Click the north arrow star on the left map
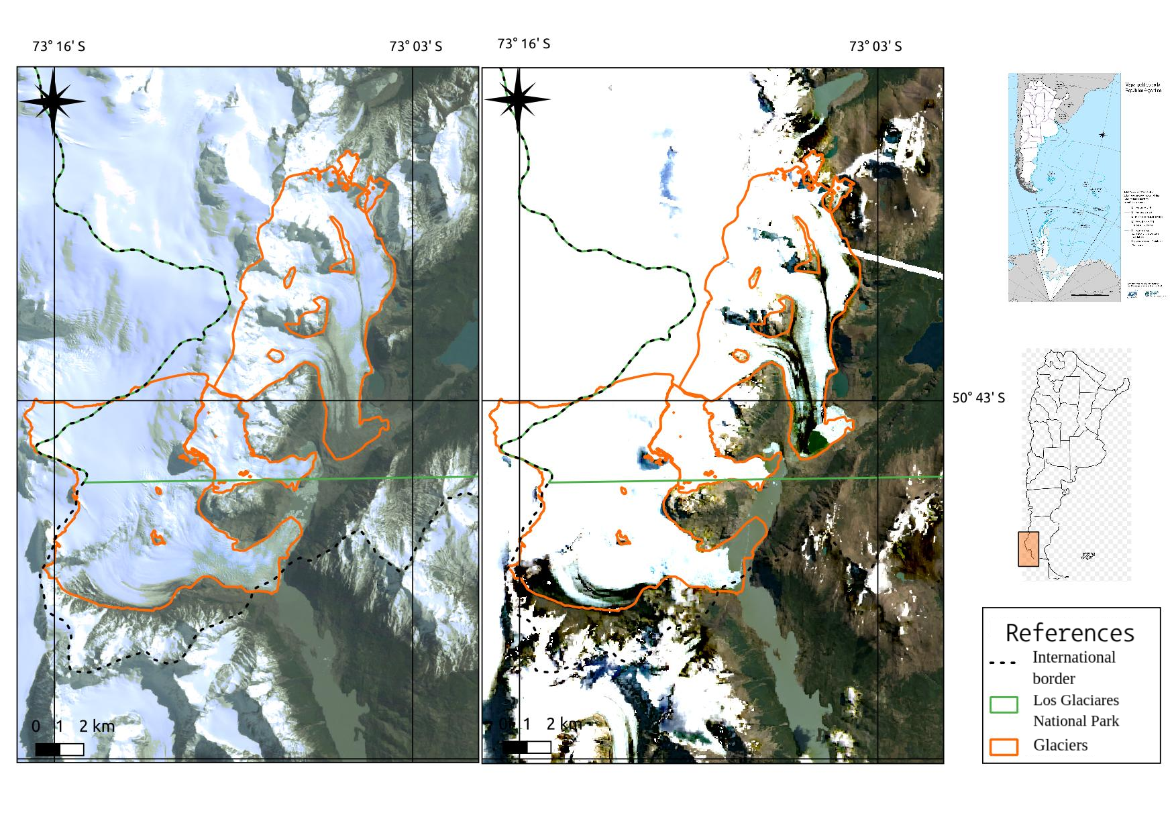[52, 102]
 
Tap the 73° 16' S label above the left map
[59, 46]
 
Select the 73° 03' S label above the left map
[416, 46]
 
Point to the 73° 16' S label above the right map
[524, 44]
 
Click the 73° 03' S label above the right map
[875, 46]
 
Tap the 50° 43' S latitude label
[979, 398]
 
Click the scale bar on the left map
[59, 749]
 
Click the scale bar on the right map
[527, 746]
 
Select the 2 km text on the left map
[97, 726]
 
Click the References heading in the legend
[1070, 632]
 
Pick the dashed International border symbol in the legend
[1002, 663]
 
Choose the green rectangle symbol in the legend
[1004, 704]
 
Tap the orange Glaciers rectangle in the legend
[1004, 746]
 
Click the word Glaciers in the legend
[1061, 745]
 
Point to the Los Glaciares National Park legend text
[1076, 710]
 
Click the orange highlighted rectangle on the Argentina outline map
[1028, 549]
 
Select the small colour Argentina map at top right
[1064, 187]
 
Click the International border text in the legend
[1073, 667]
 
